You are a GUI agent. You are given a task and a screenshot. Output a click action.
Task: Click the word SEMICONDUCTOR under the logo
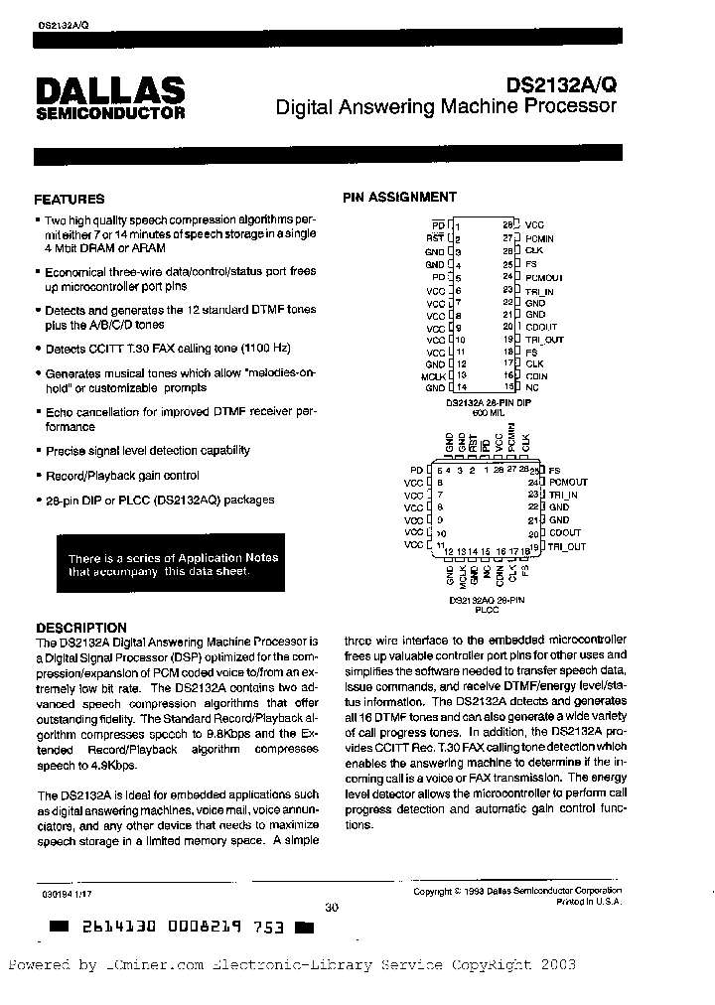point(110,113)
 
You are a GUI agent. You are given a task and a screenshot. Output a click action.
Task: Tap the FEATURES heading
point(70,199)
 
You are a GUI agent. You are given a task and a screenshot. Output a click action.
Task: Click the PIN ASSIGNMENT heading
point(400,197)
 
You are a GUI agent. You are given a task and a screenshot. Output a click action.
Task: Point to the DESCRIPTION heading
point(81,627)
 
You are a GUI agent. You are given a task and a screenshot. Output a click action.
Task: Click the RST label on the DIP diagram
point(435,238)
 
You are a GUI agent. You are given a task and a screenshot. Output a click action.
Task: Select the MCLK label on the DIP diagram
point(434,375)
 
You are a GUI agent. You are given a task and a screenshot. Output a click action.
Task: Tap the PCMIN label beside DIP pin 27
point(539,238)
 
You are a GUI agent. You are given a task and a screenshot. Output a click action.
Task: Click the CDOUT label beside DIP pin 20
point(541,327)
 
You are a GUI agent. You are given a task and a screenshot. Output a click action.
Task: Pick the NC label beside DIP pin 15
point(531,388)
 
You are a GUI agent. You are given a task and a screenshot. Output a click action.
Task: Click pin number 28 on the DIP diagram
point(506,225)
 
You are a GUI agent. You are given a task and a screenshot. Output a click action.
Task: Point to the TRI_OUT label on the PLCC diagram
point(568,546)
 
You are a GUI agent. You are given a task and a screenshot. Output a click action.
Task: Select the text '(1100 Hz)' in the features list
point(268,349)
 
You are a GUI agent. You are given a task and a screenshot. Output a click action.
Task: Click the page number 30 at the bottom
point(331,906)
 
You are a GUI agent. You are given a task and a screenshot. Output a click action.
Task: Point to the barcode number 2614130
point(113,928)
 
